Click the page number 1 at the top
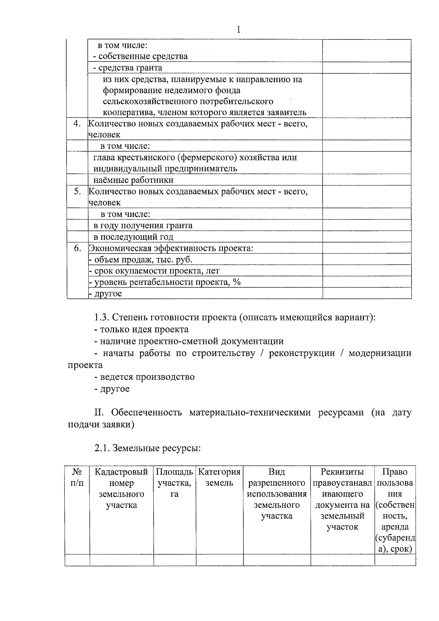[x=239, y=30]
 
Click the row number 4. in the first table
[x=77, y=123]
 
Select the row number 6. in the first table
[x=77, y=248]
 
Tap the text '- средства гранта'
[x=127, y=68]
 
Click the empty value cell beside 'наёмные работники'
[x=367, y=180]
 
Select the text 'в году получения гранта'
[x=143, y=225]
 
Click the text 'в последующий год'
[x=133, y=237]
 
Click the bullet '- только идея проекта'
[x=141, y=329]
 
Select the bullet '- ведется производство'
[x=144, y=377]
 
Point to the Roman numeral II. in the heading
[x=100, y=413]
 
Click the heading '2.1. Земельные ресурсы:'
[x=147, y=448]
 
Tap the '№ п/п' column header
[x=77, y=478]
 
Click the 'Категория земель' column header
[x=219, y=478]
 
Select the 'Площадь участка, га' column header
[x=175, y=483]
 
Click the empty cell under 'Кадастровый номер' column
[x=121, y=560]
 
